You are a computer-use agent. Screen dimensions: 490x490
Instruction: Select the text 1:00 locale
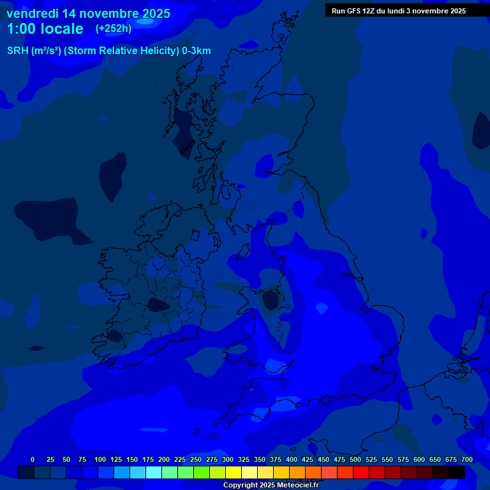45,29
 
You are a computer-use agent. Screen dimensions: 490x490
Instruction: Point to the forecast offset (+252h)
114,29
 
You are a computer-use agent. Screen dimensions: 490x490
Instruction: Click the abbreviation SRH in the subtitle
18,51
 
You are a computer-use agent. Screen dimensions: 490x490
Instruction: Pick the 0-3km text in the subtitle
196,51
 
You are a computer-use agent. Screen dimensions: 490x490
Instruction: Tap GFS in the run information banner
356,11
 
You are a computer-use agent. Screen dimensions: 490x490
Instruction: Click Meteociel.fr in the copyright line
298,486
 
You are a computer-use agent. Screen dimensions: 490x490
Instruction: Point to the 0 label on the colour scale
33,459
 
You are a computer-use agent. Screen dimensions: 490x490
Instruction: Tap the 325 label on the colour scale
244,459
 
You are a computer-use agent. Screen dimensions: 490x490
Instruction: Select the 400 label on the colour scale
292,459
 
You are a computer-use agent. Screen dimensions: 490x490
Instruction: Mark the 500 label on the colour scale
355,459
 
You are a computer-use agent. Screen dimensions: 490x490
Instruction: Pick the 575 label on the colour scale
403,459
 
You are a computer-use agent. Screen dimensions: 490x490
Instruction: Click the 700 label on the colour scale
467,459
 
